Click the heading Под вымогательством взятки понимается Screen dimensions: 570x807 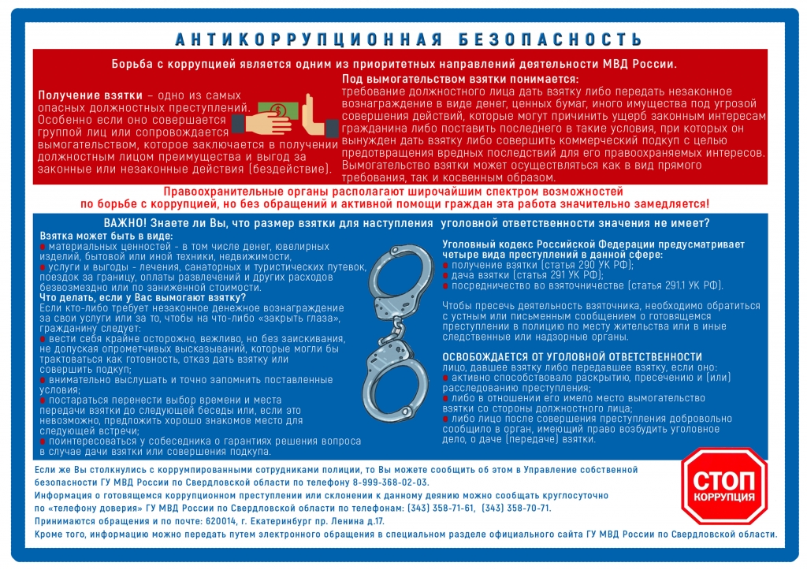pos(460,80)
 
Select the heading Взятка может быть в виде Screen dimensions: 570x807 pos(105,236)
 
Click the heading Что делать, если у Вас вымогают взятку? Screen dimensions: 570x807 pos(143,297)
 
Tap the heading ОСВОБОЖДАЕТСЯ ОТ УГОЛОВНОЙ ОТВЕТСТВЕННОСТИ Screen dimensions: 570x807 pos(572,357)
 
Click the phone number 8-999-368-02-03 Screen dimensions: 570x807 pos(388,482)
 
